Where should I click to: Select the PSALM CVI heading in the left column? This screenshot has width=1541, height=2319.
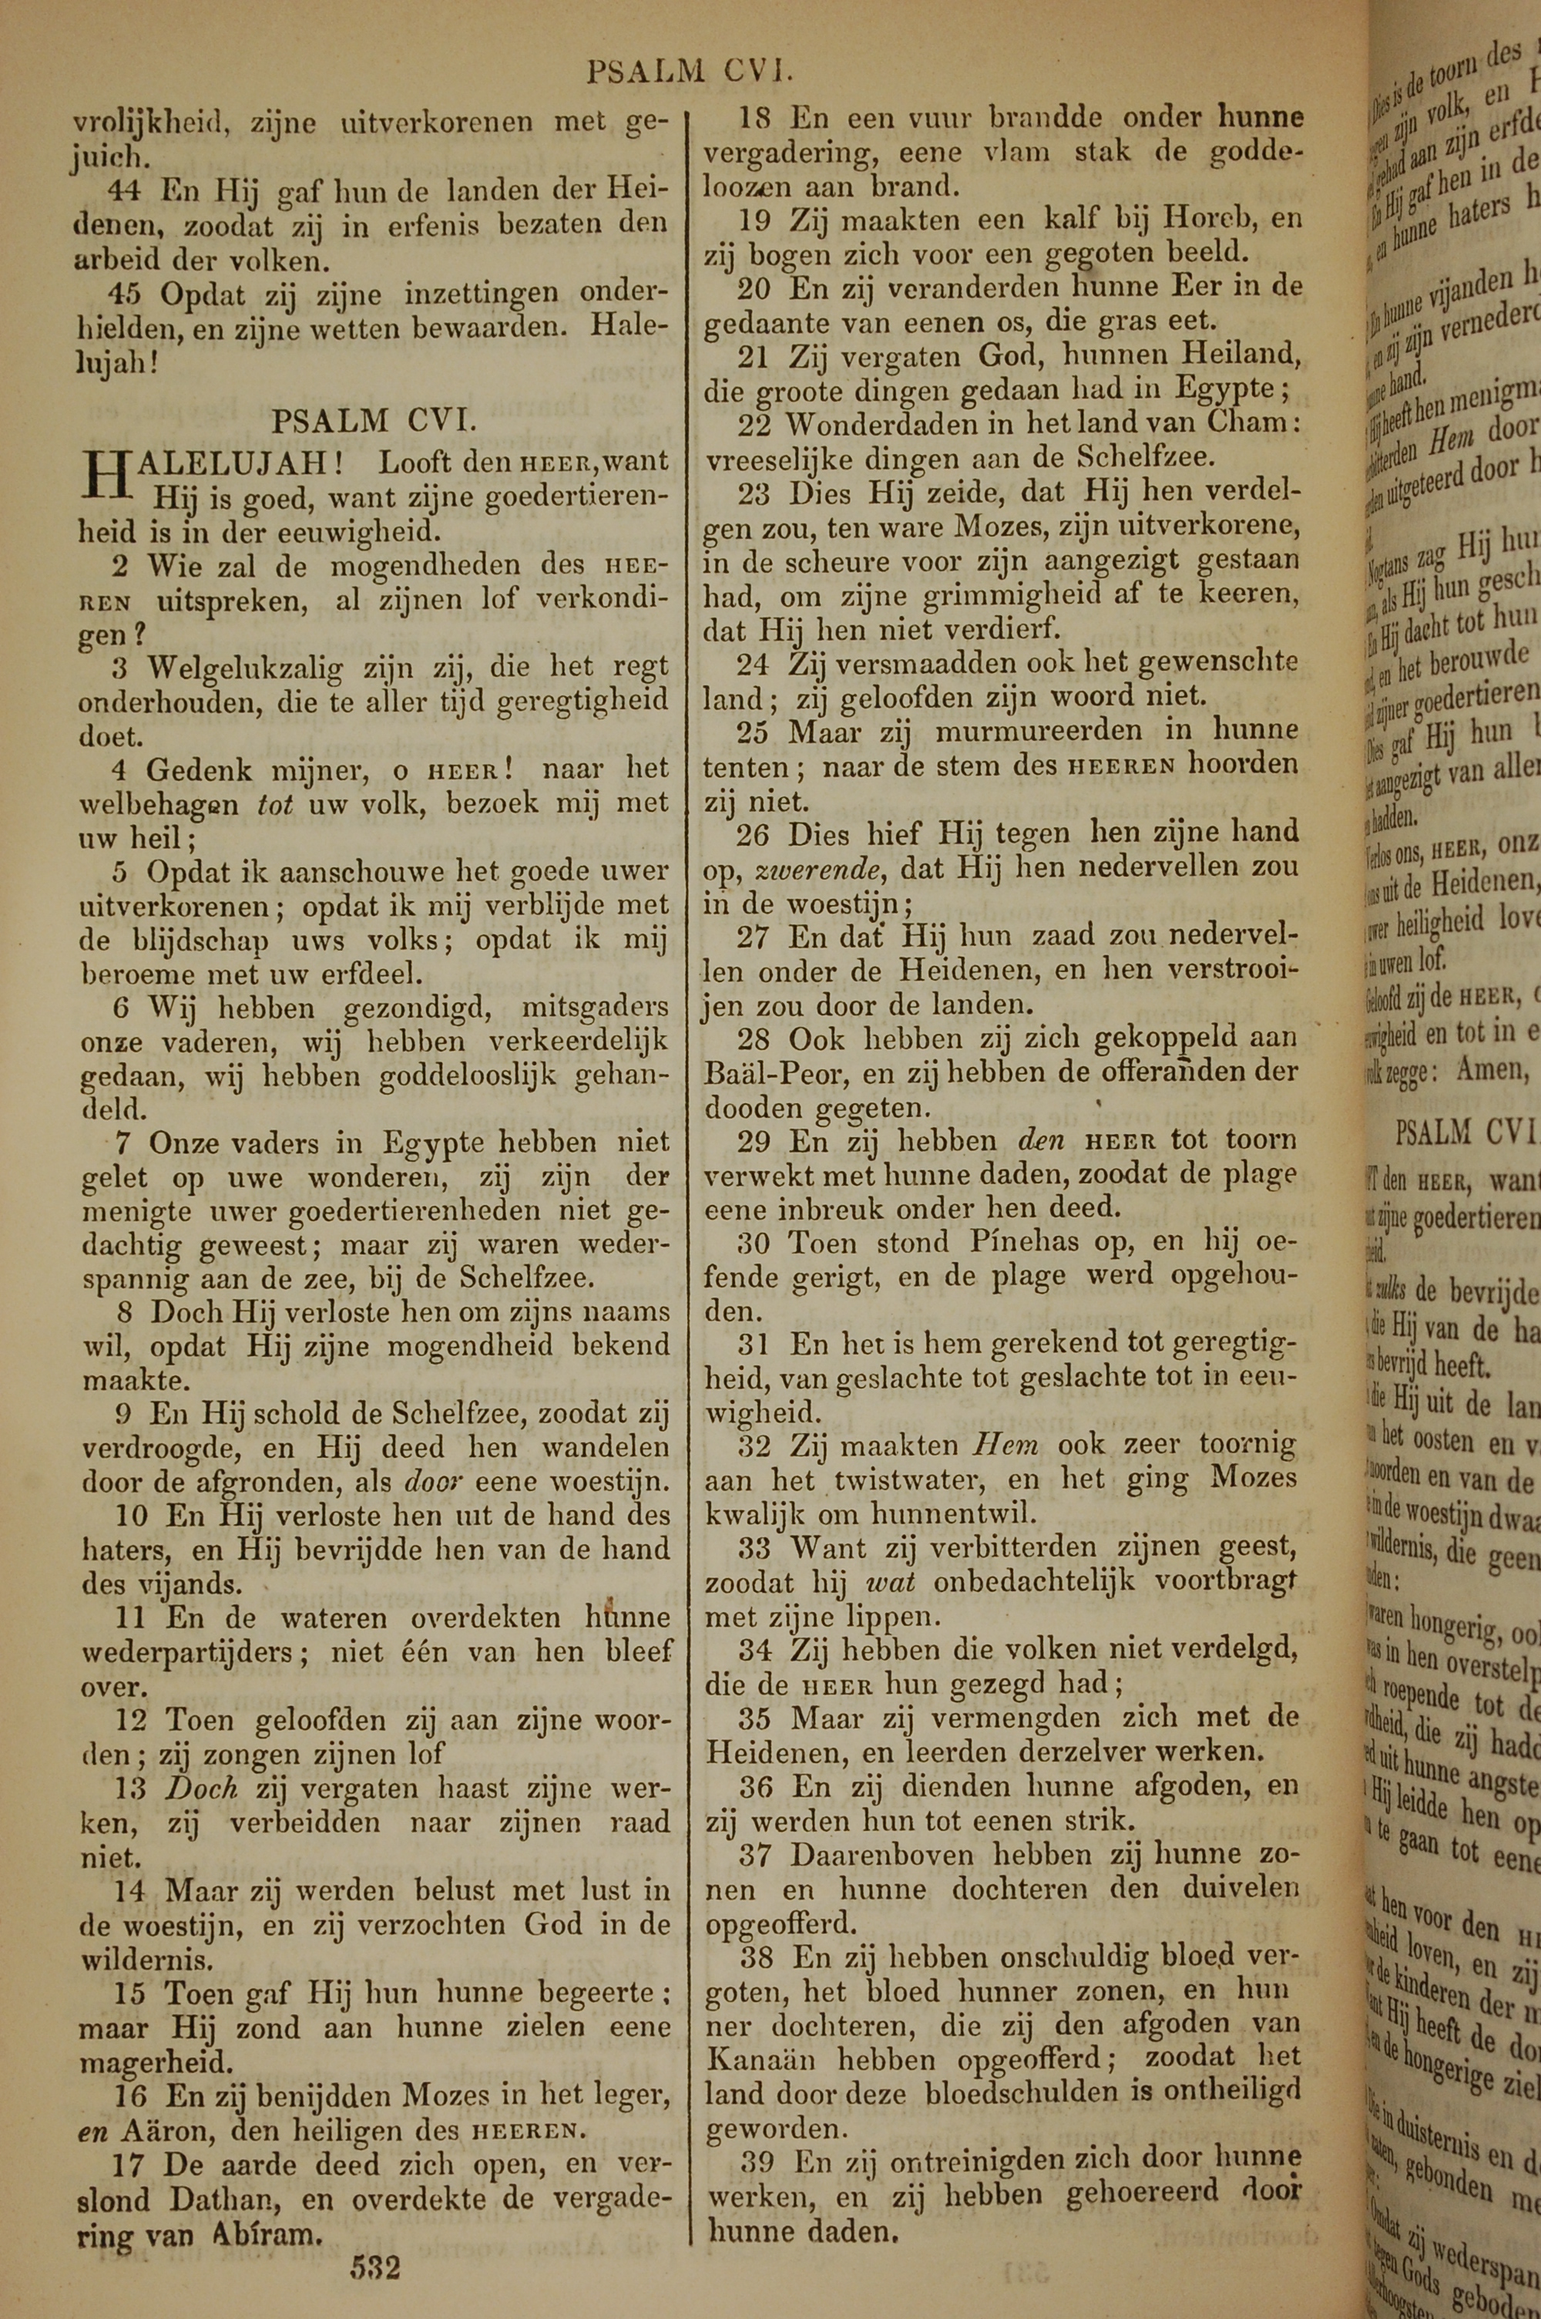pyautogui.click(x=374, y=421)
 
